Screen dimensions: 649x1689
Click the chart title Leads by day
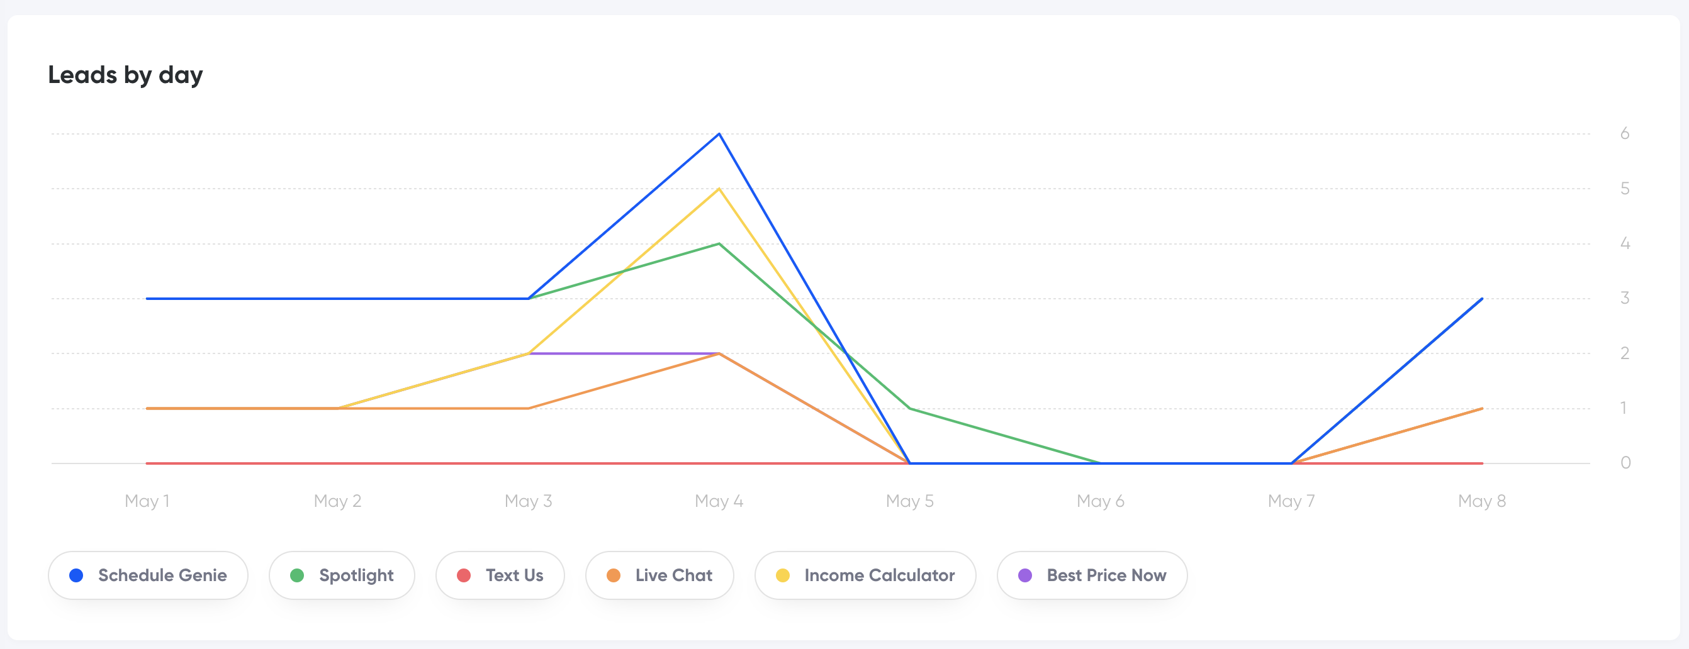click(125, 75)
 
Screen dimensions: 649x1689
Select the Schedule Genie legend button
click(148, 575)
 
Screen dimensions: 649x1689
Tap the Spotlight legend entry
click(342, 575)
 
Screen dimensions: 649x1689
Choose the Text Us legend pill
click(500, 575)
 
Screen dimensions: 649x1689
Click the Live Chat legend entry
click(659, 575)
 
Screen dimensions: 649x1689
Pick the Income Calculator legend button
click(865, 575)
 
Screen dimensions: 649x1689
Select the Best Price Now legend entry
click(1092, 575)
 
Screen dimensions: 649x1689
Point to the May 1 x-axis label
click(147, 501)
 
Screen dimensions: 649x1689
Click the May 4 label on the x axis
click(719, 501)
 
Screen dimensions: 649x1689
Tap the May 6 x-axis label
click(1100, 501)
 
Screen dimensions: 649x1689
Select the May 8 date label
click(1482, 501)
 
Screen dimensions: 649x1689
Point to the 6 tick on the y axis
click(1625, 134)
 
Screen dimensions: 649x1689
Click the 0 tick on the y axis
click(1625, 463)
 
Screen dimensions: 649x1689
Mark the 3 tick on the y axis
click(1625, 298)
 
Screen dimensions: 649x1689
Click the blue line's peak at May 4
click(719, 134)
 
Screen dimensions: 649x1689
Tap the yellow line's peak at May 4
click(719, 189)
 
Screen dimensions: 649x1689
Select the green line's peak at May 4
click(719, 244)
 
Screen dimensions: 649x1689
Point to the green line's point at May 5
click(910, 408)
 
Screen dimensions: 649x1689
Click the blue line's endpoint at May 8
click(1482, 299)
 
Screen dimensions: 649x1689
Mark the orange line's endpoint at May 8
click(1482, 408)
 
